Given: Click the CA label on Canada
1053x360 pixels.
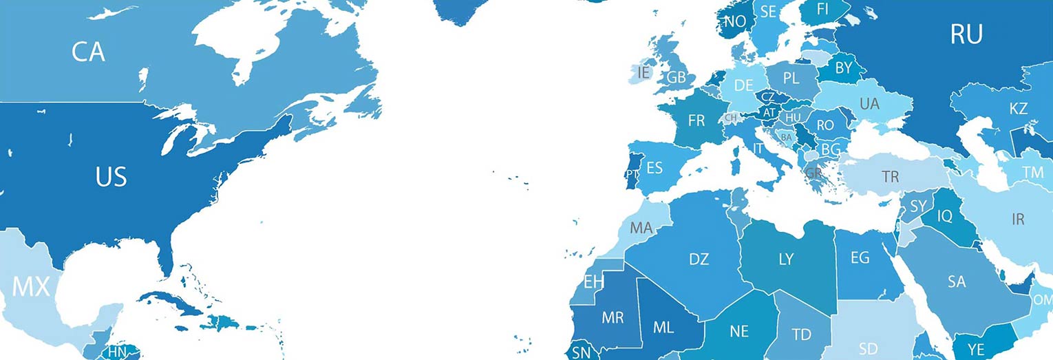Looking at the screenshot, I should pyautogui.click(x=88, y=52).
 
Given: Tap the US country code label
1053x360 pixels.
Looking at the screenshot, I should pyautogui.click(x=111, y=177).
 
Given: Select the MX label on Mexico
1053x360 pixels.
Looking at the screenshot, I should pyautogui.click(x=32, y=287).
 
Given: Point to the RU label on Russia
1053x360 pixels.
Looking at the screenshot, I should pyautogui.click(x=966, y=34).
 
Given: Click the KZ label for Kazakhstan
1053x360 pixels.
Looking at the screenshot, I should pyautogui.click(x=1019, y=109).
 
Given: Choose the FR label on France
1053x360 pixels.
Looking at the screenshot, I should pyautogui.click(x=696, y=121).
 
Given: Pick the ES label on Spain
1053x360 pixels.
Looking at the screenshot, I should pyautogui.click(x=655, y=168).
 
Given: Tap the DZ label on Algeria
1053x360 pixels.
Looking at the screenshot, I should pyautogui.click(x=699, y=260).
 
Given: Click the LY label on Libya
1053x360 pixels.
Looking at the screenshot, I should pyautogui.click(x=786, y=260).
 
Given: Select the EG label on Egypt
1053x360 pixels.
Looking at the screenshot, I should pyautogui.click(x=860, y=258).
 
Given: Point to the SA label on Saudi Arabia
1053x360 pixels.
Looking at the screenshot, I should pyautogui.click(x=957, y=282).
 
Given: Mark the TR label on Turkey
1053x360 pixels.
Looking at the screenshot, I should pyautogui.click(x=891, y=177).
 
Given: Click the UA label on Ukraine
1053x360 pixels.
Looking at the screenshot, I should pyautogui.click(x=870, y=104).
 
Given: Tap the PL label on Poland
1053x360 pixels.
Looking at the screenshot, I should pyautogui.click(x=791, y=78).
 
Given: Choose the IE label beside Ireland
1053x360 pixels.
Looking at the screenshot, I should pyautogui.click(x=644, y=72).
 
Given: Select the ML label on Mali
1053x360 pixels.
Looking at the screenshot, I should pyautogui.click(x=663, y=328).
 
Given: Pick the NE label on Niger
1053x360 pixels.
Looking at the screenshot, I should pyautogui.click(x=739, y=331).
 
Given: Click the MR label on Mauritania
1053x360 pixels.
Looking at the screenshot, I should pyautogui.click(x=613, y=318).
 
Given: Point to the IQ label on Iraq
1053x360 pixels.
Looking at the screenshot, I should pyautogui.click(x=945, y=216).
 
